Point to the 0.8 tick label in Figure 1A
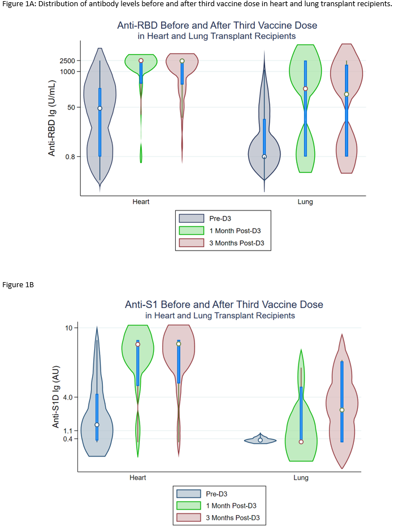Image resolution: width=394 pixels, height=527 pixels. pyautogui.click(x=70, y=157)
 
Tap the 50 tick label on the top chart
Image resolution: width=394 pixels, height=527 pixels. pyautogui.click(x=71, y=107)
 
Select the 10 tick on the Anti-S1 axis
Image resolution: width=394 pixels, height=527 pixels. pyautogui.click(x=71, y=328)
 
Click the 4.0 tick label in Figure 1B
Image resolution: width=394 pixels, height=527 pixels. pyautogui.click(x=68, y=397)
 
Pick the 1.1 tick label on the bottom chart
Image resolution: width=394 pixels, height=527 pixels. pyautogui.click(x=69, y=431)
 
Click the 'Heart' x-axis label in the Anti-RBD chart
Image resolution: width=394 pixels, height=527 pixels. pyautogui.click(x=141, y=201)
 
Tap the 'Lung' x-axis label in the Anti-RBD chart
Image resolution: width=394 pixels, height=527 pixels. pyautogui.click(x=305, y=201)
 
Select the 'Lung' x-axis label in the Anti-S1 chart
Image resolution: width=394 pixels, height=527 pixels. pyautogui.click(x=301, y=477)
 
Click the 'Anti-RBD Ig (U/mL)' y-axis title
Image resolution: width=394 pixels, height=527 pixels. pyautogui.click(x=51, y=118)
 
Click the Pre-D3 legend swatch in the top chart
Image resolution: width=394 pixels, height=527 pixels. pyautogui.click(x=191, y=218)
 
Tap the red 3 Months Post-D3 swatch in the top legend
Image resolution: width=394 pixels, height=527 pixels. pyautogui.click(x=191, y=243)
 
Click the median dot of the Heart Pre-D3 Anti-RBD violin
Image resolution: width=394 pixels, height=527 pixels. pyautogui.click(x=100, y=108)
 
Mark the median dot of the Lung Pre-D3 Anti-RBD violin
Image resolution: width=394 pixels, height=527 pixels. pyautogui.click(x=264, y=157)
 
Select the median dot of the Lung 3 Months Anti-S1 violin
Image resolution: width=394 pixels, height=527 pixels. pyautogui.click(x=342, y=410)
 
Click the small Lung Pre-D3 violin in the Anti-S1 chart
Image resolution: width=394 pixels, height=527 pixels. pyautogui.click(x=260, y=440)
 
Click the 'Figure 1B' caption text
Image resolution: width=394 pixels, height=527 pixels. pyautogui.click(x=18, y=284)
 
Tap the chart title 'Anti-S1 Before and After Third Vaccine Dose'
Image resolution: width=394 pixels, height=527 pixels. pyautogui.click(x=224, y=305)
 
